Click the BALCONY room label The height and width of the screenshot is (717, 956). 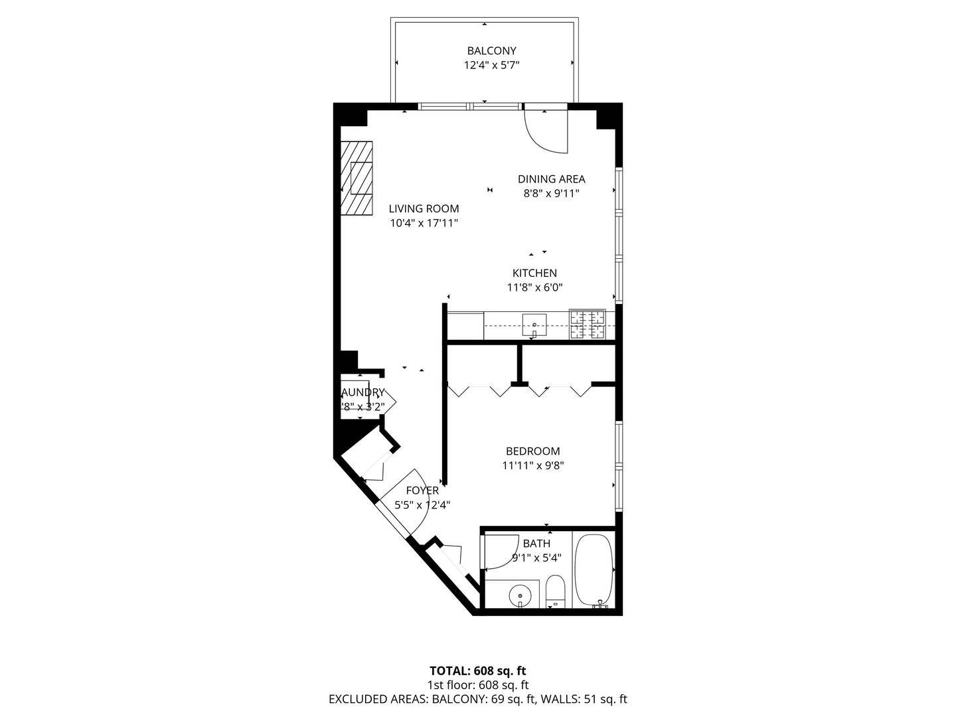click(491, 50)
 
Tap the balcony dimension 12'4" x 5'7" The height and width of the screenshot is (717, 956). click(491, 65)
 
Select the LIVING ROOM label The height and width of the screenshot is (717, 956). click(424, 208)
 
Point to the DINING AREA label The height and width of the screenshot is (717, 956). click(551, 179)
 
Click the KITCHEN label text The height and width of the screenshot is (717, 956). click(534, 273)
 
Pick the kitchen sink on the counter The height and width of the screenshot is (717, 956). click(534, 325)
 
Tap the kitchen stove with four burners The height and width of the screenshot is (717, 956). click(588, 325)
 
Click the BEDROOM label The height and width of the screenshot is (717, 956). click(533, 451)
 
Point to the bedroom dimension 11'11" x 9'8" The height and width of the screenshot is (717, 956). click(533, 465)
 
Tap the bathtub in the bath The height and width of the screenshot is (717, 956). click(594, 569)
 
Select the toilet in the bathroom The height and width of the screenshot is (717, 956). click(555, 591)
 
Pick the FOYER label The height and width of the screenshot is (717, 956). click(422, 491)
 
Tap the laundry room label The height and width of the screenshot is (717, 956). click(362, 392)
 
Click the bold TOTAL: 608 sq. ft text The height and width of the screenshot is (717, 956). click(478, 671)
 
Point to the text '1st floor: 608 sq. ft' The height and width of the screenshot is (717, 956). click(478, 684)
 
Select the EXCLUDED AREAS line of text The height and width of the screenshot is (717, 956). click(478, 699)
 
